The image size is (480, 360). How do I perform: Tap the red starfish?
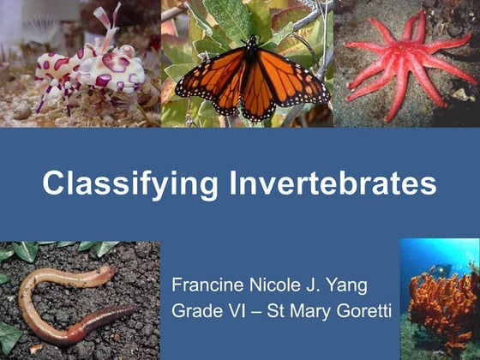(x=403, y=64)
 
